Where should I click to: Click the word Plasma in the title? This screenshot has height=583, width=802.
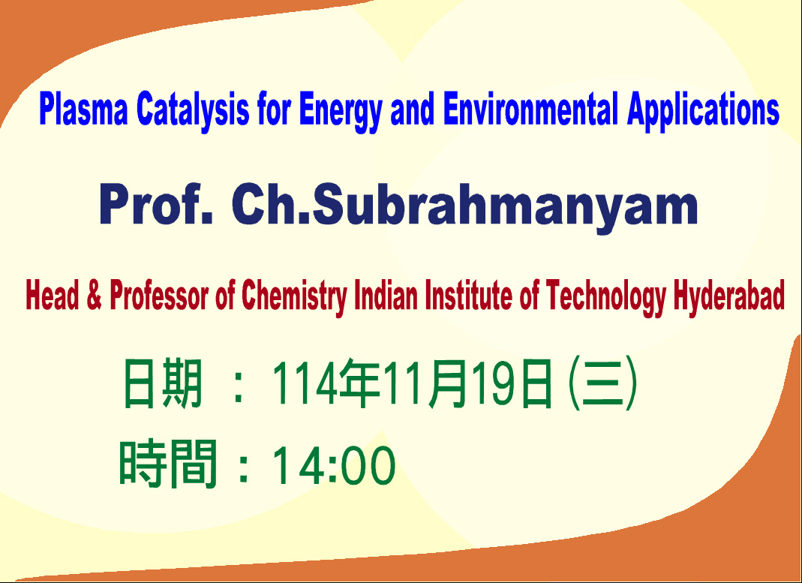tap(83, 109)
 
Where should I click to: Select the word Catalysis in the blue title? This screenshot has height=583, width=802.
tap(193, 109)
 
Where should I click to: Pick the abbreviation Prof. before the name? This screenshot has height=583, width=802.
tap(156, 205)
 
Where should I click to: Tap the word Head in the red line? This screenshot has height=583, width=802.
tap(53, 295)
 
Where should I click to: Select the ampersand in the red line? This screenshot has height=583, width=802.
tap(94, 295)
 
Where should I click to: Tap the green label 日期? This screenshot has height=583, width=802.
tap(163, 383)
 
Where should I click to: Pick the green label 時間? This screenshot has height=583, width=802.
tap(168, 464)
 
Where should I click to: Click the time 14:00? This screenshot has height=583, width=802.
tap(334, 464)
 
